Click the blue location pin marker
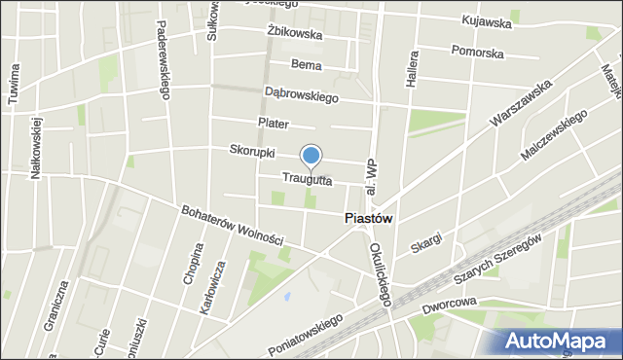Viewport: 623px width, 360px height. pyautogui.click(x=311, y=156)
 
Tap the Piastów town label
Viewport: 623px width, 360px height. pyautogui.click(x=369, y=219)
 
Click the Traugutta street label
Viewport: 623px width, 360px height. pyautogui.click(x=308, y=179)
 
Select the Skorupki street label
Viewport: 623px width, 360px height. pyautogui.click(x=252, y=153)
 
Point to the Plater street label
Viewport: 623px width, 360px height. pyautogui.click(x=274, y=123)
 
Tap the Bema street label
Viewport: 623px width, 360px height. pyautogui.click(x=307, y=64)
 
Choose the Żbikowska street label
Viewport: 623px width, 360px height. pyautogui.click(x=294, y=33)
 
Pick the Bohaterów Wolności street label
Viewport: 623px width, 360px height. pyautogui.click(x=233, y=225)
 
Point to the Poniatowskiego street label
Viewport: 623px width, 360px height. pyautogui.click(x=307, y=335)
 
